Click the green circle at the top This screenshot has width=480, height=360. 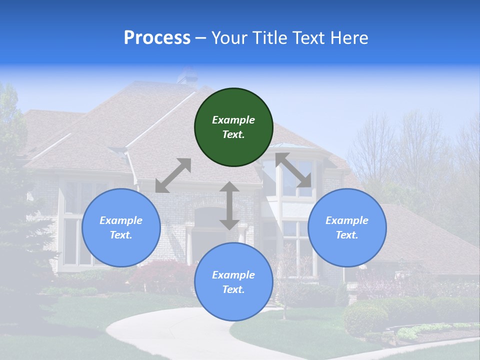[x=233, y=127]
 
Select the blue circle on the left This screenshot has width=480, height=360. [x=121, y=227]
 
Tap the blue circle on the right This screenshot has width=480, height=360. [x=347, y=227]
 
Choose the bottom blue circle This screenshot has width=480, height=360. [x=233, y=281]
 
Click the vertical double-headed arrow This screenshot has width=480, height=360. [x=229, y=205]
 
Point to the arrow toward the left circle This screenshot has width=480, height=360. [x=173, y=175]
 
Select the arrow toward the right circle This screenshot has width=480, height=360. [x=293, y=170]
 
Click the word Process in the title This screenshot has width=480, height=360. [x=157, y=38]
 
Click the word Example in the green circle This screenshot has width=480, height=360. [x=233, y=120]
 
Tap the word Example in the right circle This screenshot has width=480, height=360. [x=347, y=220]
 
